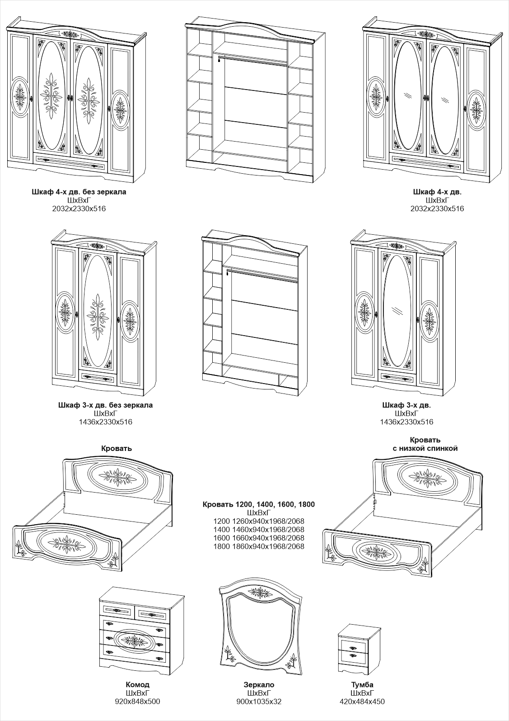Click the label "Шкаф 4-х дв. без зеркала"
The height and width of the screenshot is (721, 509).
pyautogui.click(x=79, y=192)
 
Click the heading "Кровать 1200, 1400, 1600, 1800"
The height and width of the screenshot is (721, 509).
pyautogui.click(x=259, y=504)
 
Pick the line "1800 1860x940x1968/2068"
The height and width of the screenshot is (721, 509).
pyautogui.click(x=259, y=546)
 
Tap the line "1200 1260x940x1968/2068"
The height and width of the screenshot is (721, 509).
pyautogui.click(x=259, y=521)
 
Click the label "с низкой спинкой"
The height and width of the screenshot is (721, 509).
pyautogui.click(x=425, y=448)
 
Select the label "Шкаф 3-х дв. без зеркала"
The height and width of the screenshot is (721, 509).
pyautogui.click(x=105, y=405)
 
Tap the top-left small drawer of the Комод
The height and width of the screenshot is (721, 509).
pyautogui.click(x=117, y=611)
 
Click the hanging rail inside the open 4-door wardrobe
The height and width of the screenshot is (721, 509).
pyautogui.click(x=253, y=60)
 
